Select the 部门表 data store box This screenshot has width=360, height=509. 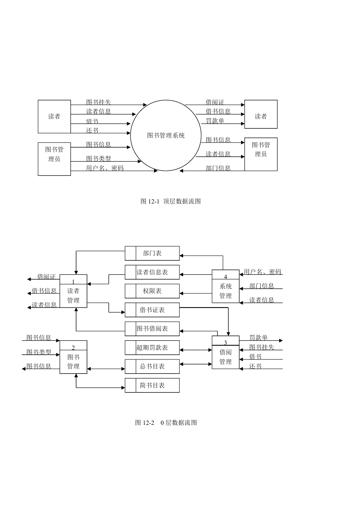pos(152,253)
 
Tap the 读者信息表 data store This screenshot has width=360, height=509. pos(152,272)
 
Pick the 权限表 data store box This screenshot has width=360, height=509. pos(152,291)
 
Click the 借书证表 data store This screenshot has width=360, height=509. pos(152,310)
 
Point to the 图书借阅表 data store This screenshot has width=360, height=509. pos(152,329)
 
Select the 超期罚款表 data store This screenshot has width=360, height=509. pos(152,347)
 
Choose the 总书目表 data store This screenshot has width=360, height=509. pos(152,366)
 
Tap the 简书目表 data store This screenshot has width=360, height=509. pos(152,385)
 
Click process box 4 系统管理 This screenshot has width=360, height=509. pos(225,286)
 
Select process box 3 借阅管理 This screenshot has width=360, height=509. pos(225,352)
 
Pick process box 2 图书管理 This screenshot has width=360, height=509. pos(73,357)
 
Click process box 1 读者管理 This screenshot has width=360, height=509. pos(73,291)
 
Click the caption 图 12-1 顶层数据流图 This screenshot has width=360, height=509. pos(171,201)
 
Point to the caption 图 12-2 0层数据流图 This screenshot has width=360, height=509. pos(166,423)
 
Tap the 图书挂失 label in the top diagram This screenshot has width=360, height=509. pos(98,102)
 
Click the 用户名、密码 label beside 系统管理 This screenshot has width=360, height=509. pos(263,271)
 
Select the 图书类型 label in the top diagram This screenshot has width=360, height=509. pos(98,158)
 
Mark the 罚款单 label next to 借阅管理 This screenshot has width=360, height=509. pos(259,337)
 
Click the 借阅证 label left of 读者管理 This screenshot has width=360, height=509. pos(46,276)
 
